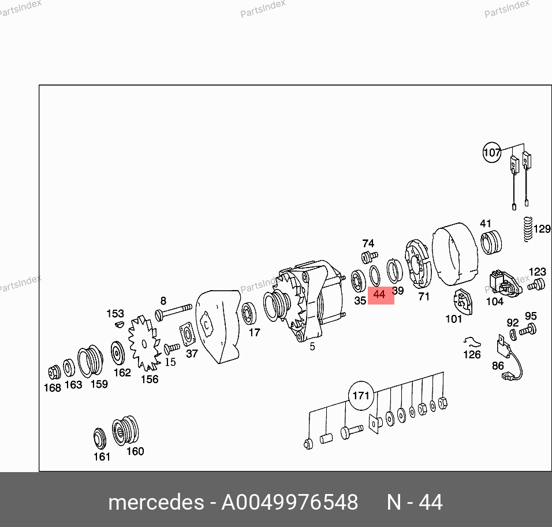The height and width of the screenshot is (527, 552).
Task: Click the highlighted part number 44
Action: click(x=379, y=295)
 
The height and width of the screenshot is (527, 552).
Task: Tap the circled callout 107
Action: click(x=492, y=152)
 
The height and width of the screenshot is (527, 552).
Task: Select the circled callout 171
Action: click(x=361, y=396)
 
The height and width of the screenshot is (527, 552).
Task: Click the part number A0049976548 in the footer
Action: click(x=289, y=502)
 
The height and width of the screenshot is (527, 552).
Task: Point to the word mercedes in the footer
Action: click(x=156, y=502)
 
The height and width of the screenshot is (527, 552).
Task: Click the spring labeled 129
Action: click(x=527, y=229)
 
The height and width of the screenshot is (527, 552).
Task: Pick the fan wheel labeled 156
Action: click(x=144, y=343)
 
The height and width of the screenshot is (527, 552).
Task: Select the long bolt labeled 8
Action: click(x=173, y=312)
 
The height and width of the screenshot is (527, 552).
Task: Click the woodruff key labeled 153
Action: click(x=120, y=324)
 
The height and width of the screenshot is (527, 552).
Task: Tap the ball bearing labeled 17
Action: click(x=249, y=313)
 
